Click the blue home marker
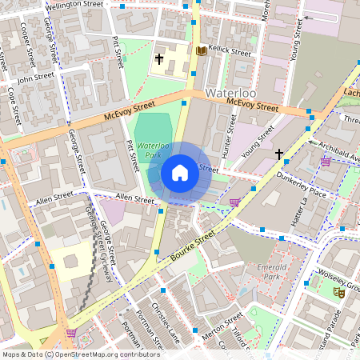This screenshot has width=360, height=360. tap(180, 173)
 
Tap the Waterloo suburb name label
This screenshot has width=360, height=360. tap(233, 94)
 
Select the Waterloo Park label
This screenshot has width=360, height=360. tap(152, 151)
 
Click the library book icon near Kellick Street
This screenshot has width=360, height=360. tap(201, 51)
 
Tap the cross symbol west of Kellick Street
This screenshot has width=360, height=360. tap(159, 58)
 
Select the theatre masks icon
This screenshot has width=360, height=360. tap(339, 293)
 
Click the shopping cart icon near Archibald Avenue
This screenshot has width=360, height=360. tap(326, 162)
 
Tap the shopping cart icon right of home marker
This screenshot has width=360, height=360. tap(234, 202)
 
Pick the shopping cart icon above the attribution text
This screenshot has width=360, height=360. tap(71, 333)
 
